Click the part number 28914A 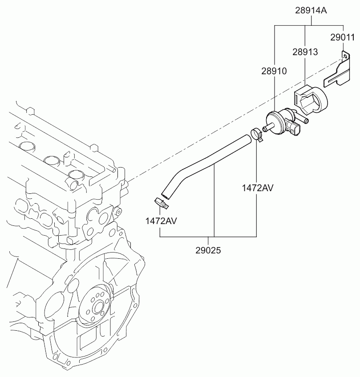click(311, 11)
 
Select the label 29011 click(343, 37)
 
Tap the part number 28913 click(305, 52)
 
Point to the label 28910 click(274, 71)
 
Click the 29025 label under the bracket click(208, 251)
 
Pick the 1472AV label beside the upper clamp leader click(258, 188)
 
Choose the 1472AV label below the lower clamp click(161, 221)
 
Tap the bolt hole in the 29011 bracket click(346, 56)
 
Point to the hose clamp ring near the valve click(257, 135)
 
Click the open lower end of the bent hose click(165, 195)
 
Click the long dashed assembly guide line click(235, 120)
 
